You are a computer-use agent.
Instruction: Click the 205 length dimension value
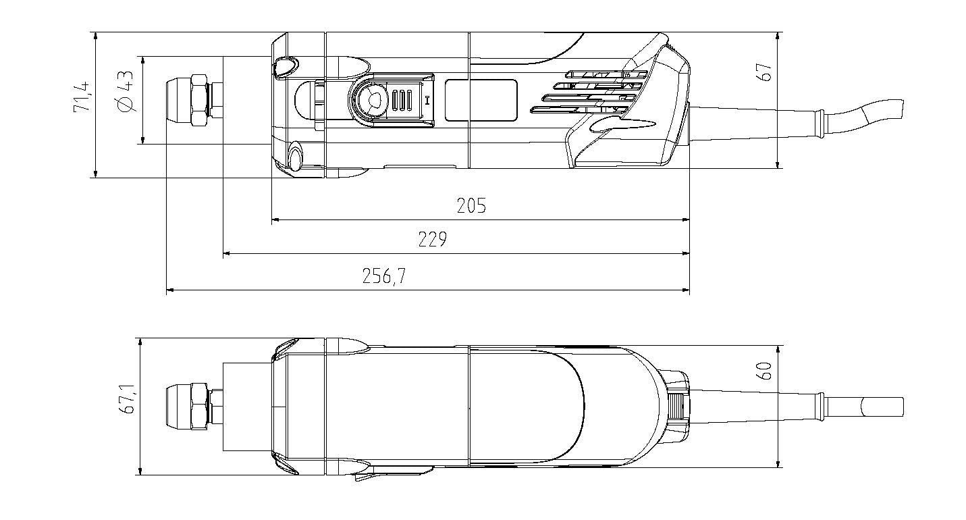(471, 206)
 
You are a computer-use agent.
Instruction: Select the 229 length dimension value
(432, 240)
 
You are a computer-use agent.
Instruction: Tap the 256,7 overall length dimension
(384, 276)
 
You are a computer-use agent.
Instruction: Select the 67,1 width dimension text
(126, 400)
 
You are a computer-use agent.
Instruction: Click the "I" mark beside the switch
(427, 101)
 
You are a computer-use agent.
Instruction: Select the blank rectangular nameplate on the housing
(481, 100)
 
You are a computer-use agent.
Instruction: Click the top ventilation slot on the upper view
(604, 74)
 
